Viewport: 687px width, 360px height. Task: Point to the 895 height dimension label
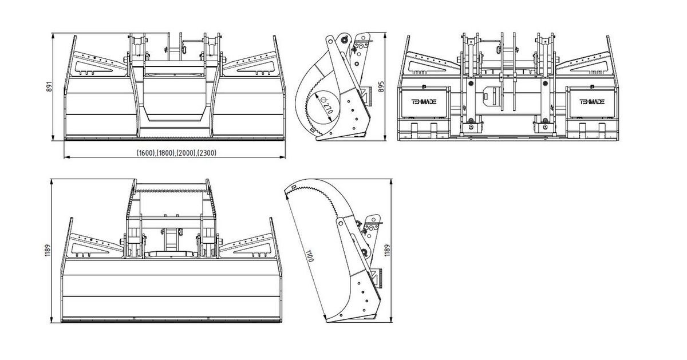(381, 87)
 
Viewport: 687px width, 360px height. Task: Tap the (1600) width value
(146, 153)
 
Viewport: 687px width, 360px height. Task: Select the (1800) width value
(166, 153)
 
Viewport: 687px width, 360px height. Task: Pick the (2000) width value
(187, 153)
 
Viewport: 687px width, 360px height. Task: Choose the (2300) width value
(207, 153)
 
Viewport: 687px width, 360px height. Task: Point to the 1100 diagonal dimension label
(310, 256)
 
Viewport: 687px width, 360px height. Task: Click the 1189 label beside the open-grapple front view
(47, 250)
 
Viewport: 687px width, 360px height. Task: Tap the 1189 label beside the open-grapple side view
(388, 250)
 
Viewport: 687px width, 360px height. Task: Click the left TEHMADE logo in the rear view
(424, 102)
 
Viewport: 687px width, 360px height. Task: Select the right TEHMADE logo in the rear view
(591, 102)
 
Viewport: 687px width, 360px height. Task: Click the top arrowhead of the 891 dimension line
(53, 36)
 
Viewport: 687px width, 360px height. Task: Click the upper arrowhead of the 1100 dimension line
(287, 194)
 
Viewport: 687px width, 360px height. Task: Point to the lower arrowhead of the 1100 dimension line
(324, 316)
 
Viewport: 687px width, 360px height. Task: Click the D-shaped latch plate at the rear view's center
(491, 96)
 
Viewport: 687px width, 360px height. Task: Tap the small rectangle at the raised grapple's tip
(294, 187)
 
